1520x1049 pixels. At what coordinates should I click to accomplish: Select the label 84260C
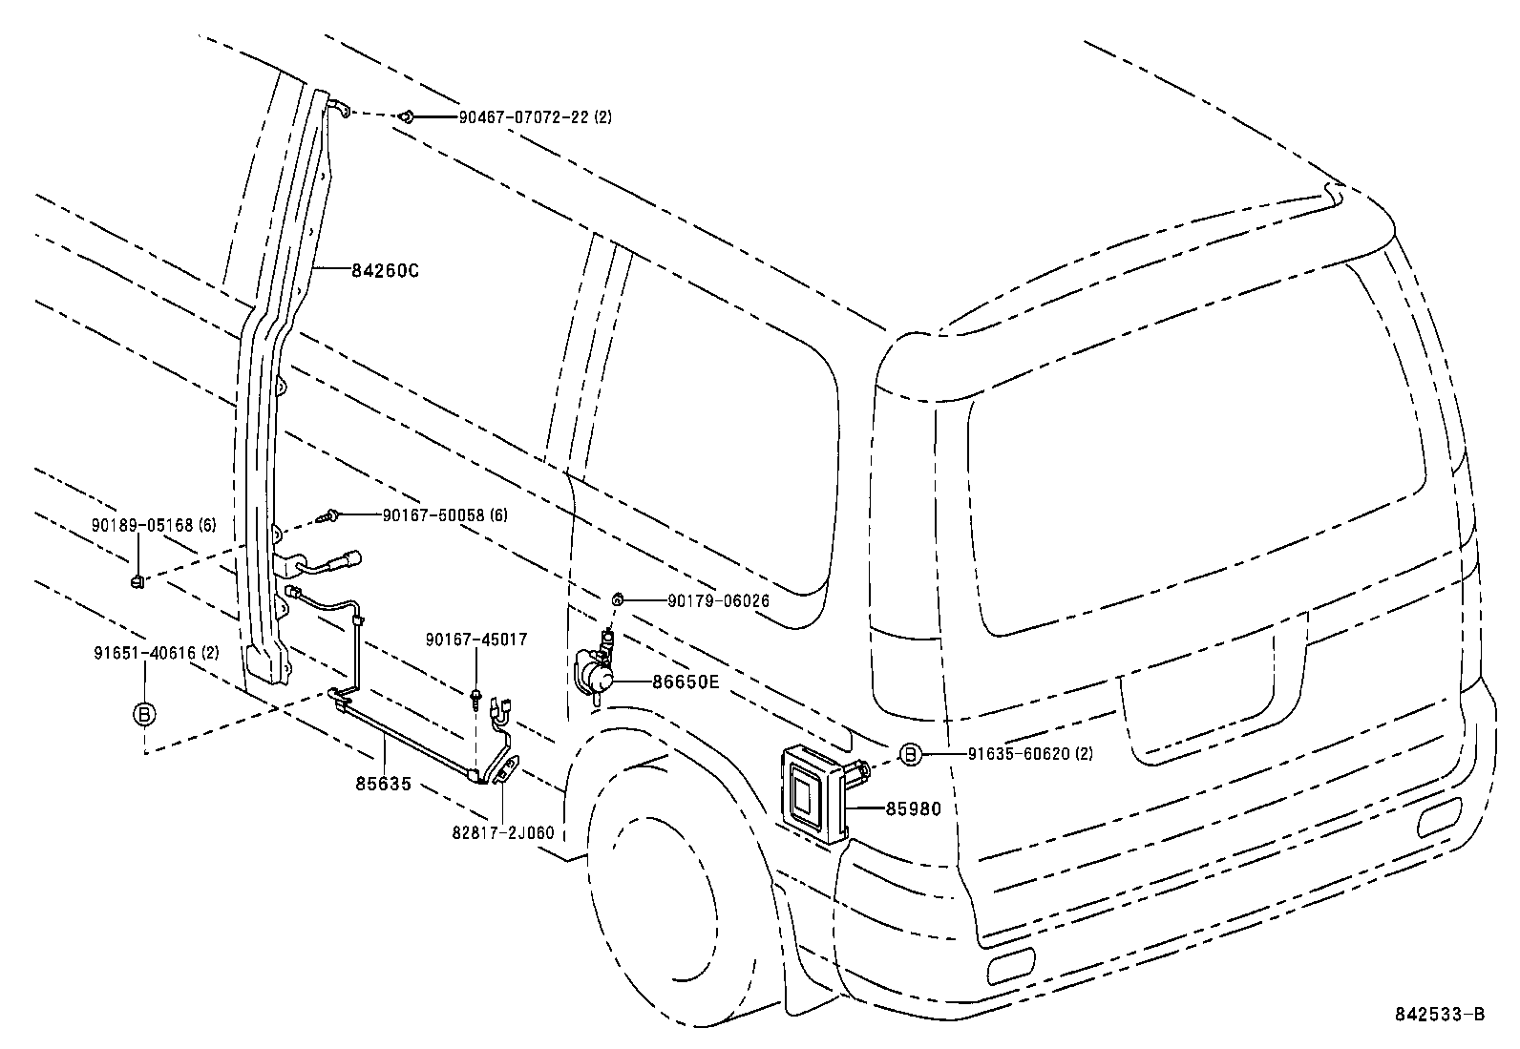(386, 271)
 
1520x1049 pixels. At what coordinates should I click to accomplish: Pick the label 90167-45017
(477, 640)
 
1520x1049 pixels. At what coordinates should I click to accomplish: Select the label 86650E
(686, 682)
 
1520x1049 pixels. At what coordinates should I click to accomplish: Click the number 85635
(383, 785)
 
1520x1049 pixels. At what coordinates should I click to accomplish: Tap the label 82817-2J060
(503, 833)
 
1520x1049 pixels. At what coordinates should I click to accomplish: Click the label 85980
(913, 809)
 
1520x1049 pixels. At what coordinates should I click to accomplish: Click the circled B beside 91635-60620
(910, 754)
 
